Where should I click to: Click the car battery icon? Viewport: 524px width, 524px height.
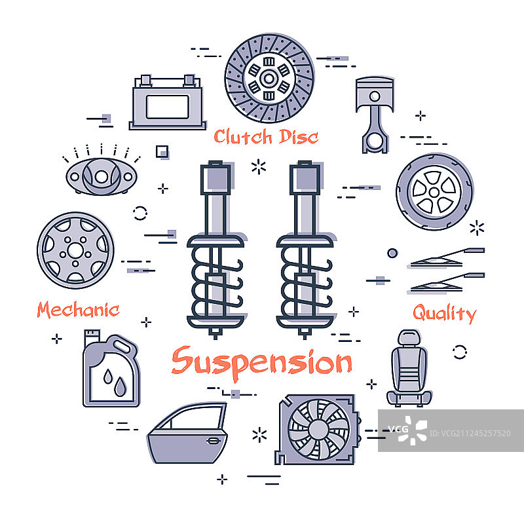pos(168,102)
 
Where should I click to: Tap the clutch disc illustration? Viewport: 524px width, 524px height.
pos(269,78)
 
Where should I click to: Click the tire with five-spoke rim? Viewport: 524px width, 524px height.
pos(434,192)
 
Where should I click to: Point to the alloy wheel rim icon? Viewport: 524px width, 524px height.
pos(75,250)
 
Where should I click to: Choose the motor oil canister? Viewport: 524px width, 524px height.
pos(111,368)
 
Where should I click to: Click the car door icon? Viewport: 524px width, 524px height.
pos(187,433)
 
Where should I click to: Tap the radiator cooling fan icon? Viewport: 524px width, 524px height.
pos(318,430)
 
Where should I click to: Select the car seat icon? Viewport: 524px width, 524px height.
pos(409,368)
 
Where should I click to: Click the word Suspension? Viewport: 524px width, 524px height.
pos(261,364)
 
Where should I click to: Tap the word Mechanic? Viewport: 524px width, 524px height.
pos(78,309)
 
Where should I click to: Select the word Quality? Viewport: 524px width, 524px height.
pos(445,314)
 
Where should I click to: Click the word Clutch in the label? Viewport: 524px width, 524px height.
pos(243,137)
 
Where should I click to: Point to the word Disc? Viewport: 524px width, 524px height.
pos(299,137)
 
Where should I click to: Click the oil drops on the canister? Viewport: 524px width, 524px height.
pos(115,383)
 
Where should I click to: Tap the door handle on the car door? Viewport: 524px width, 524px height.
pos(213,441)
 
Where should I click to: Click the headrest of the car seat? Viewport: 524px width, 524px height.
pos(409,337)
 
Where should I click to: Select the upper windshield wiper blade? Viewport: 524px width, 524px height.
pos(447,257)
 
